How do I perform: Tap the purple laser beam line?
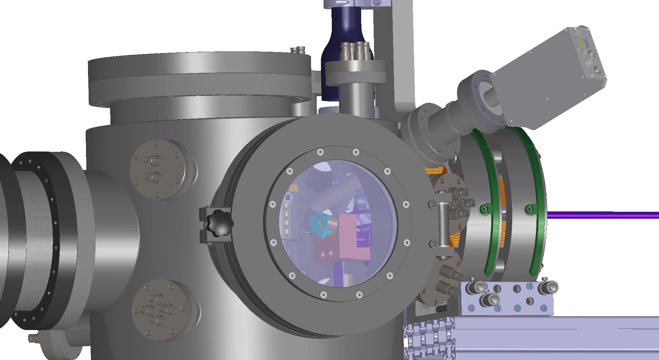[x=603, y=215]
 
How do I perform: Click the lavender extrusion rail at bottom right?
[x=560, y=336]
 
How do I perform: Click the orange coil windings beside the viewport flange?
[x=435, y=171]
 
